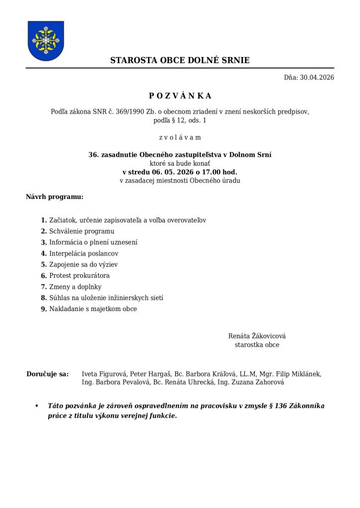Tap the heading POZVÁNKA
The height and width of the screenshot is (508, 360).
coord(180,96)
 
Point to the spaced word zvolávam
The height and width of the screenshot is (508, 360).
coord(180,137)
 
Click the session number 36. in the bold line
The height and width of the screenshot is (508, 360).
coord(93,155)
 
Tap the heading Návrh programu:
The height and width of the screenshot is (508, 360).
coord(55,197)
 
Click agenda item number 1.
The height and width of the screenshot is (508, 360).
coord(44,220)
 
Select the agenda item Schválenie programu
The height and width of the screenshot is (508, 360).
coord(81,231)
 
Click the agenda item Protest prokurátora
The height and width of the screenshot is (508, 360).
coord(79,275)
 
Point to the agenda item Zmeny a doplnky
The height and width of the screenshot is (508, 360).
coord(75,287)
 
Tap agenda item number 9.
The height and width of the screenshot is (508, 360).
coord(44,309)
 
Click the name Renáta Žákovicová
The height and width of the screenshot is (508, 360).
coord(257,336)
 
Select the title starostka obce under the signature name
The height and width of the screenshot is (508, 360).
coord(257,345)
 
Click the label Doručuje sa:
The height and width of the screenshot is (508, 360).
coord(47,374)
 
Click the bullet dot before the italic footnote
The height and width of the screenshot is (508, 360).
coord(37,406)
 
